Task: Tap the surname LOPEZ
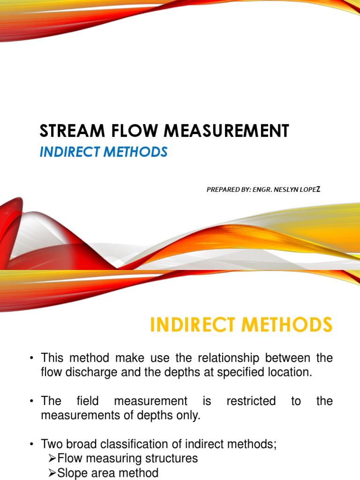311,189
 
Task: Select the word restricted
251,401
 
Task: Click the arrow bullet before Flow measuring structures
52,458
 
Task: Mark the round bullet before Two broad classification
31,444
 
